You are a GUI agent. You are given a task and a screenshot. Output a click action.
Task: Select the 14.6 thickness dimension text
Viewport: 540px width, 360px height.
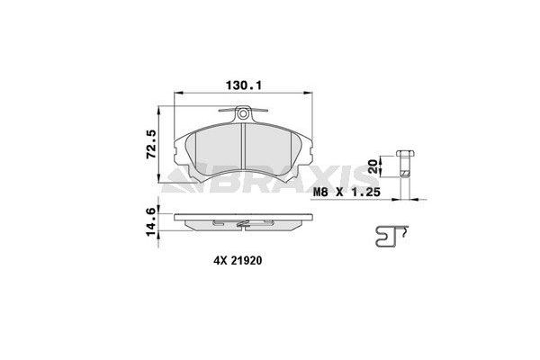pyautogui.click(x=151, y=221)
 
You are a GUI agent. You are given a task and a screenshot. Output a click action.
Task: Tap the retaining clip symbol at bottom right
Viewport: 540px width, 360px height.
pyautogui.click(x=389, y=237)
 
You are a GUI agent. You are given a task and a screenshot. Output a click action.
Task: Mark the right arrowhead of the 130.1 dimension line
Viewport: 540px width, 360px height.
pyautogui.click(x=310, y=94)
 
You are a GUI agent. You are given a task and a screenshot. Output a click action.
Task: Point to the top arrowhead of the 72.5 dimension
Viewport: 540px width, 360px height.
pyautogui.click(x=163, y=108)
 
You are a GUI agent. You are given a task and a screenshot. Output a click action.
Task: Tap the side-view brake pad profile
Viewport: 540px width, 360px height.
pyautogui.click(x=243, y=221)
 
